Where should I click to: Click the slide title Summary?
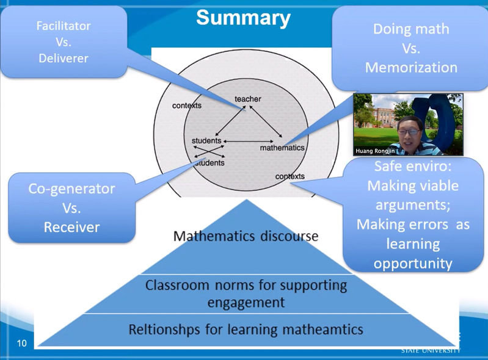click(243, 18)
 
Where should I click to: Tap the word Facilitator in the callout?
click(64, 26)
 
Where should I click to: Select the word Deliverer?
click(64, 59)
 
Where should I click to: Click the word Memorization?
click(411, 67)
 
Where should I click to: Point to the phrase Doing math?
click(411, 29)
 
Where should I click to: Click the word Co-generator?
click(71, 189)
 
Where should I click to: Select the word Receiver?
click(71, 227)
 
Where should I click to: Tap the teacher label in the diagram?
click(247, 99)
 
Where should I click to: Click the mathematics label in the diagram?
click(282, 148)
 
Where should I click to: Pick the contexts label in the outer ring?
click(186, 106)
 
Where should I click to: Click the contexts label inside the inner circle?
click(290, 176)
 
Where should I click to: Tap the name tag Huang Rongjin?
click(374, 150)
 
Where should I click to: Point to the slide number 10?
click(22, 343)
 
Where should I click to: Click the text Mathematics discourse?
click(246, 236)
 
